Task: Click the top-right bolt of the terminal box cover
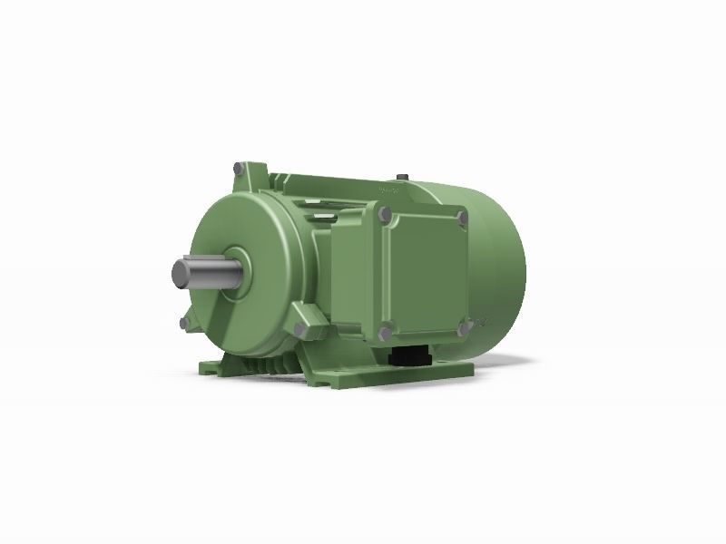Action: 462,218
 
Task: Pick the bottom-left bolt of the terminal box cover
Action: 388,327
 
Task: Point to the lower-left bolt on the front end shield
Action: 185,321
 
